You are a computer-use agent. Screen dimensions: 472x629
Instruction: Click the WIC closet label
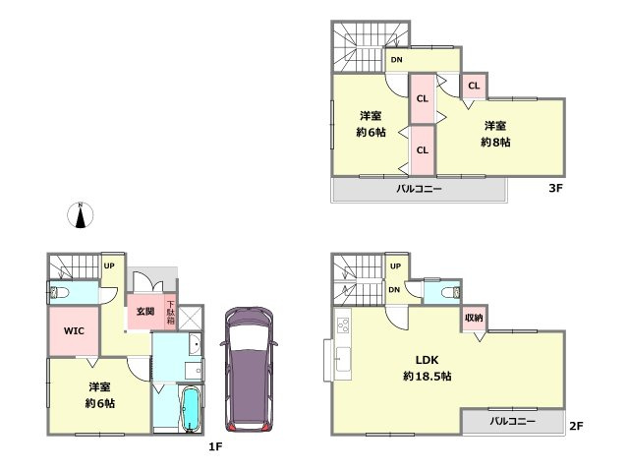(75, 332)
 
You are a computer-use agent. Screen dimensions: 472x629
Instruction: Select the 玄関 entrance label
(145, 312)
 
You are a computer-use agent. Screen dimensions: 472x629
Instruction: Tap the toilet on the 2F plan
(451, 292)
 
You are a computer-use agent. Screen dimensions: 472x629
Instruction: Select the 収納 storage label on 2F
(474, 319)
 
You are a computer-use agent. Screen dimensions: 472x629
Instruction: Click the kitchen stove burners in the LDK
(344, 324)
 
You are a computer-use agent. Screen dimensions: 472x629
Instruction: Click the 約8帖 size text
(495, 142)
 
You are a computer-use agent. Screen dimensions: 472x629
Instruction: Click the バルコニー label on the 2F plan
(514, 421)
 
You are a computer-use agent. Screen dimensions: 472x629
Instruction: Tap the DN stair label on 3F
(396, 61)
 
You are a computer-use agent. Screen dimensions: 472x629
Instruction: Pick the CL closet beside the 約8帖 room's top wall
(474, 86)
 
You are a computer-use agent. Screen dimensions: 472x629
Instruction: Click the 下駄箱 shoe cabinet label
(170, 312)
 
